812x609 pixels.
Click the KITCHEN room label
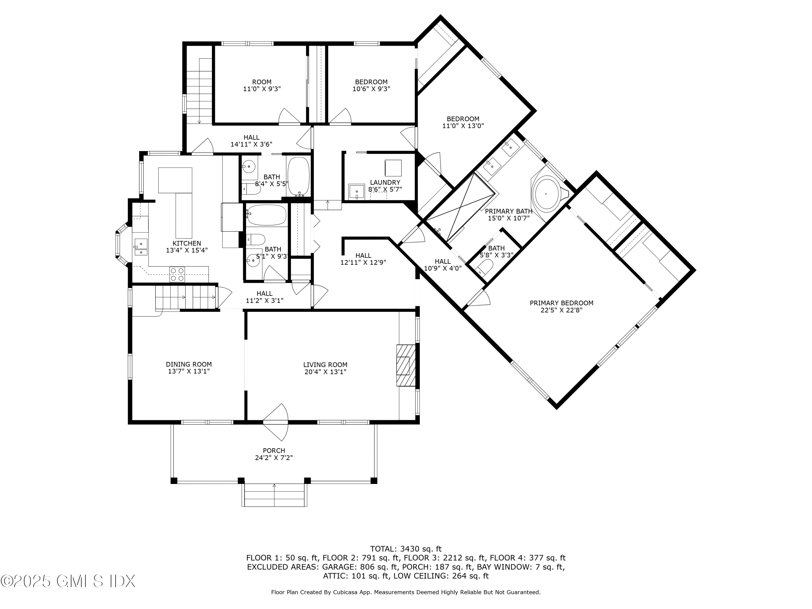(x=187, y=243)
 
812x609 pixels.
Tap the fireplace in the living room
(x=406, y=366)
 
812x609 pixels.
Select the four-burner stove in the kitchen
(x=177, y=274)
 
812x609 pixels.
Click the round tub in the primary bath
(x=547, y=194)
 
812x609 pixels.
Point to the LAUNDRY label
(x=385, y=182)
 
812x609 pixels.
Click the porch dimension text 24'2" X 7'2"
(x=274, y=458)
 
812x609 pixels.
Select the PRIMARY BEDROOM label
(x=562, y=303)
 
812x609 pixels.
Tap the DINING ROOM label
(x=189, y=365)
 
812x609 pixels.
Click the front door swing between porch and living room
(x=276, y=422)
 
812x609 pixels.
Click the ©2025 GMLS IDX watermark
(x=68, y=581)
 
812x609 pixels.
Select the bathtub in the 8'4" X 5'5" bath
(x=299, y=176)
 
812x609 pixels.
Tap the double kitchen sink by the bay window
(x=140, y=247)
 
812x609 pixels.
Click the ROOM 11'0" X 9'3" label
(x=262, y=86)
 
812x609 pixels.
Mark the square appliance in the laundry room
(x=393, y=168)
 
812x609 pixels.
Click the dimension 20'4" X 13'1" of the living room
(x=325, y=372)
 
